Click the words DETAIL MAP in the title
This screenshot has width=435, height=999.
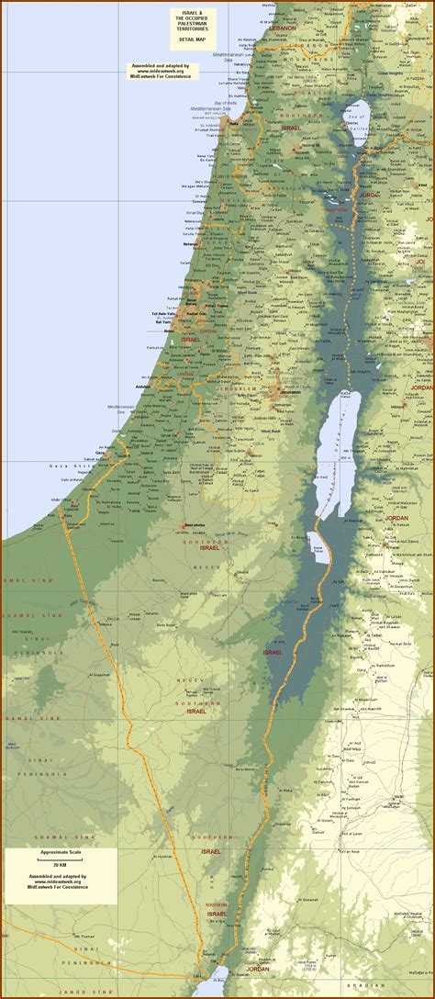194,39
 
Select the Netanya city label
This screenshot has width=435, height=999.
191,244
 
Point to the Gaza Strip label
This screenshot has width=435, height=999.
66,466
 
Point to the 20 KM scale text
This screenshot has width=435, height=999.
58,867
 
